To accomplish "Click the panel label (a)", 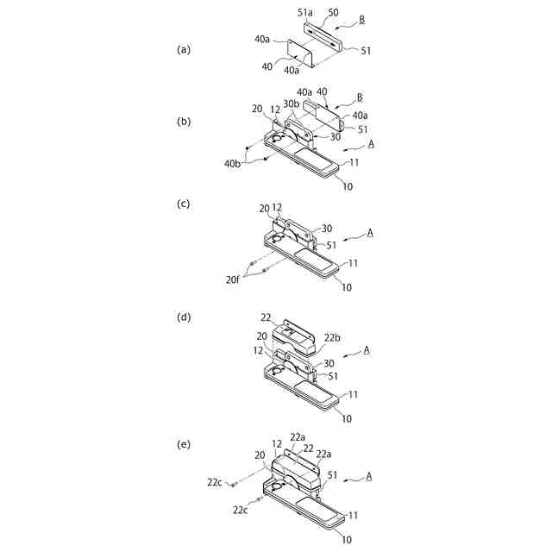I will pyautogui.click(x=183, y=49).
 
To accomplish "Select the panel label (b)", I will pyautogui.click(x=183, y=122).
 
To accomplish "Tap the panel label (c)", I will pyautogui.click(x=183, y=204).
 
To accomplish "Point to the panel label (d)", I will pyautogui.click(x=183, y=317).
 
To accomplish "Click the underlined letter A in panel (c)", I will pyautogui.click(x=368, y=232).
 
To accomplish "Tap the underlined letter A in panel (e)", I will pyautogui.click(x=368, y=474).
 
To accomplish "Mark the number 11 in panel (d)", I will pyautogui.click(x=354, y=393).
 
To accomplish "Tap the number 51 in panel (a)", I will pyautogui.click(x=366, y=51).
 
